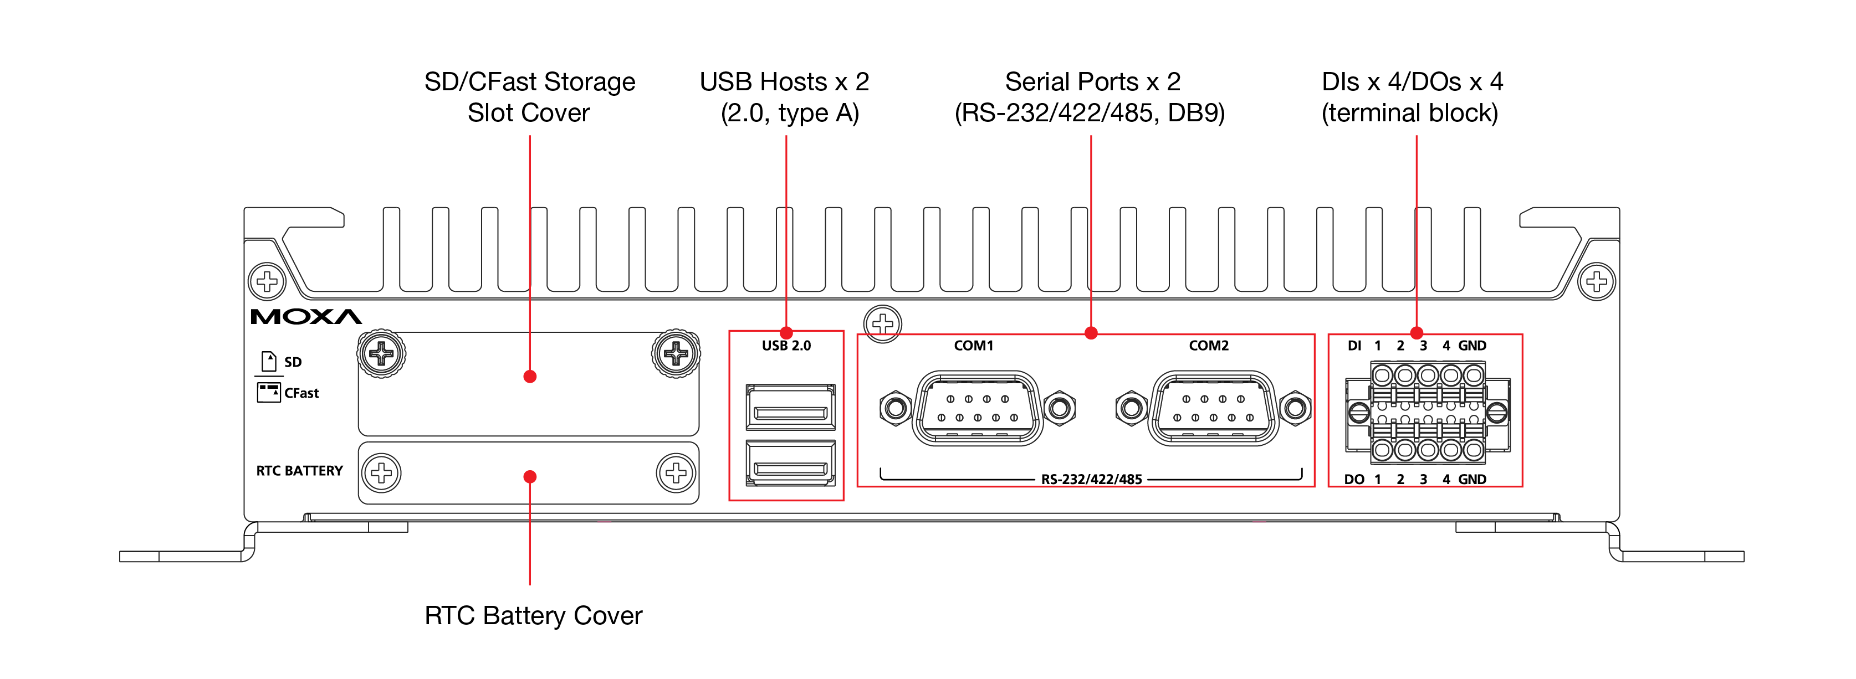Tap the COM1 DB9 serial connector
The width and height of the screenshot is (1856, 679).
pyautogui.click(x=977, y=408)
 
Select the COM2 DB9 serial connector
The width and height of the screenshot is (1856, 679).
pyautogui.click(x=1213, y=408)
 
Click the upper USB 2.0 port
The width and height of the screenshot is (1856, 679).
pyautogui.click(x=790, y=408)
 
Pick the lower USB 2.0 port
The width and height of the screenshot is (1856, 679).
pyautogui.click(x=790, y=464)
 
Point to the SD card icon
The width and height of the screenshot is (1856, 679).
pyautogui.click(x=269, y=361)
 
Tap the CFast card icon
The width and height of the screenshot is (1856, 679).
pyautogui.click(x=269, y=393)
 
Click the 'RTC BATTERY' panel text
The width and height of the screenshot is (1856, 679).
pyautogui.click(x=299, y=471)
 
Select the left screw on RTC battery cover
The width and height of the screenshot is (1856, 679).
pyautogui.click(x=381, y=473)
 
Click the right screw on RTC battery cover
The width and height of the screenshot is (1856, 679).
pyautogui.click(x=676, y=473)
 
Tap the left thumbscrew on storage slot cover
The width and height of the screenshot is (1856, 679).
pyautogui.click(x=381, y=353)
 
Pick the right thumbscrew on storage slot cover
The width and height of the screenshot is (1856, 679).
pyautogui.click(x=676, y=353)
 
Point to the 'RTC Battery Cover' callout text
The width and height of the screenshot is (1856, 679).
pyautogui.click(x=533, y=616)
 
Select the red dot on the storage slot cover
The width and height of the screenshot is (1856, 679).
pyautogui.click(x=530, y=377)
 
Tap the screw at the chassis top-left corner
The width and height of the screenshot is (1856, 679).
pyautogui.click(x=267, y=281)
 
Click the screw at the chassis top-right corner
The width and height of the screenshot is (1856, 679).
pyautogui.click(x=1597, y=281)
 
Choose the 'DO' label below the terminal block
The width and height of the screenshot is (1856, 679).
pyautogui.click(x=1354, y=480)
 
